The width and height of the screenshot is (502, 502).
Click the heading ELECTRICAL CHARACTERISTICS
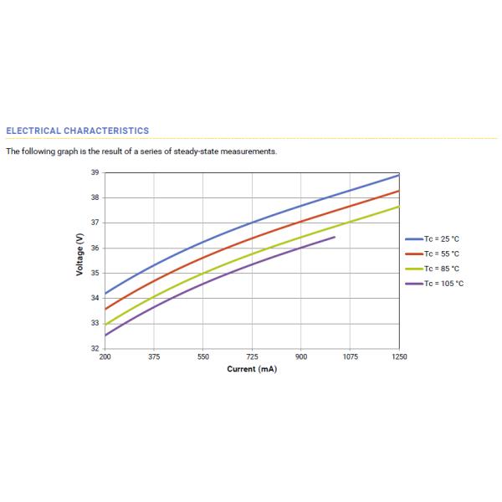(x=77, y=131)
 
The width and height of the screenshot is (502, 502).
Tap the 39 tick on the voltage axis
(x=95, y=172)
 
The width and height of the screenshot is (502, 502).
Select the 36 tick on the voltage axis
(x=95, y=248)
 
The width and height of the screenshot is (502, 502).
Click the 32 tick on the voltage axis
(x=95, y=348)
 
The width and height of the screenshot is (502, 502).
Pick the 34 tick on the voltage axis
(x=95, y=298)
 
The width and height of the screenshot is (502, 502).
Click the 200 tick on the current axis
(x=105, y=356)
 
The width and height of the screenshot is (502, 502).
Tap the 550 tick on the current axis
(x=203, y=356)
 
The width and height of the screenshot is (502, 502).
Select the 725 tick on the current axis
(x=252, y=356)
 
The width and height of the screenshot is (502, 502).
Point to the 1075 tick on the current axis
(x=350, y=356)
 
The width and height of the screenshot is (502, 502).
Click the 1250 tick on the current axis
(x=399, y=356)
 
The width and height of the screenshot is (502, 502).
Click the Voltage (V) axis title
(x=79, y=260)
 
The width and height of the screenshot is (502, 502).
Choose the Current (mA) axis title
(x=252, y=369)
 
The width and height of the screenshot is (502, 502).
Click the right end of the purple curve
(x=335, y=237)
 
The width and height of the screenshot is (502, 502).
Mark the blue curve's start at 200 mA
(x=105, y=294)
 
